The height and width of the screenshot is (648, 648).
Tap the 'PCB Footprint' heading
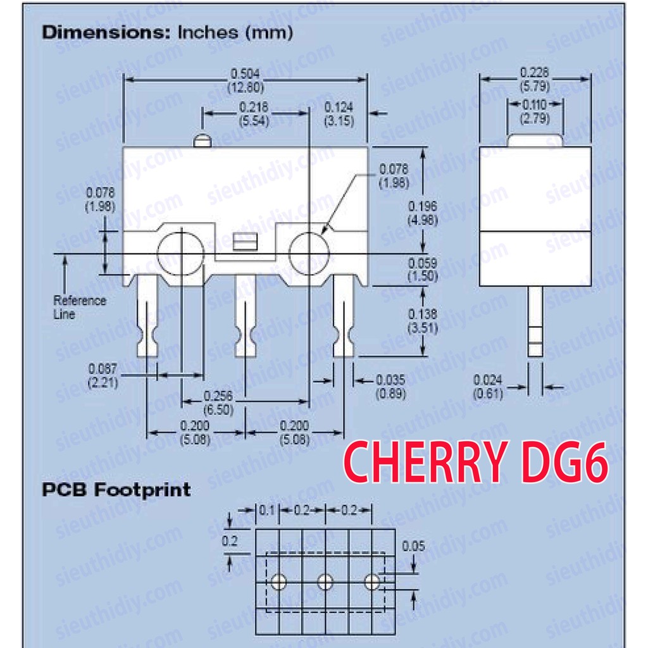point(116,489)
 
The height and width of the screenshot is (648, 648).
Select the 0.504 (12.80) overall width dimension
point(246,80)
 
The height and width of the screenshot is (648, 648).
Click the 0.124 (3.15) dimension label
point(339,114)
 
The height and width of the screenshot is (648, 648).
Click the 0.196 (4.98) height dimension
point(423,213)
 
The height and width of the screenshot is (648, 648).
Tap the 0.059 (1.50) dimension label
point(423,270)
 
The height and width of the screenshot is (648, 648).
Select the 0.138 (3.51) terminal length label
point(423,321)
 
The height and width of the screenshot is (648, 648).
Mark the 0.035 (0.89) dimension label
point(390,387)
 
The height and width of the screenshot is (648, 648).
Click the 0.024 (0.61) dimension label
point(488,387)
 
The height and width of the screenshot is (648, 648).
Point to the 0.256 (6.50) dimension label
point(218,402)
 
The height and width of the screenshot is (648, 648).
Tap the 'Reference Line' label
point(79,307)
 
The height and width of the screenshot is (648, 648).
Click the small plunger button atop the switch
point(202,140)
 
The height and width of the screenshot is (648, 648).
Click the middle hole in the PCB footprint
point(325,581)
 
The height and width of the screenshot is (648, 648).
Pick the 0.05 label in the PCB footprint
point(413,546)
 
